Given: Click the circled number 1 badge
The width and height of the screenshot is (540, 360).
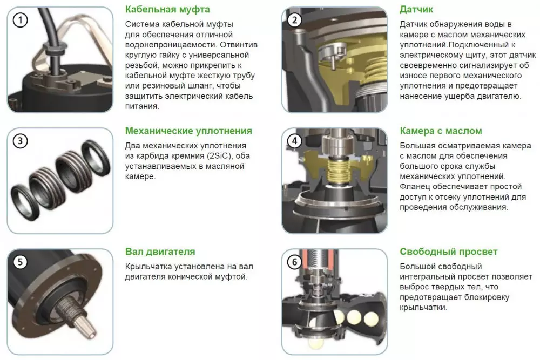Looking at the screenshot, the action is pos(20,21).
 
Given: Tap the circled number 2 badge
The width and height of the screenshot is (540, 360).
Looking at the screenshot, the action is pos(294,21).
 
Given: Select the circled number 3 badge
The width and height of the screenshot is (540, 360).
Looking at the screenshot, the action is pos(20,141).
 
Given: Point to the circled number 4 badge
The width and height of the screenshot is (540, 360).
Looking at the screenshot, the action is pos(294,141).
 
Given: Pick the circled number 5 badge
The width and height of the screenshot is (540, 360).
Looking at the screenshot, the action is pos(20,262).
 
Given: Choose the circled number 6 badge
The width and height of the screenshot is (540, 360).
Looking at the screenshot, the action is pos(294,262).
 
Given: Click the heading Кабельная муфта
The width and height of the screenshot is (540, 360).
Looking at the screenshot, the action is pos(167,9).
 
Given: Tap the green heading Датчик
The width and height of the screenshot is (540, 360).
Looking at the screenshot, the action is pos(416,9).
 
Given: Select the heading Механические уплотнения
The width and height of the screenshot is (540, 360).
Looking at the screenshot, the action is pos(188,131).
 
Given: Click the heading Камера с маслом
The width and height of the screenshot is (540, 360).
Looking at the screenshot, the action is pos(441,131).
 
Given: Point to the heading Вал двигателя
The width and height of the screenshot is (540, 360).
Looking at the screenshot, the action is pos(160,252).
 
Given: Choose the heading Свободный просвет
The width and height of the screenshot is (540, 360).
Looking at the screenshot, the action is pos(448,252).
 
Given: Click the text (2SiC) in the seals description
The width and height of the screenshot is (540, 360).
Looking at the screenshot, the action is pos(220,156).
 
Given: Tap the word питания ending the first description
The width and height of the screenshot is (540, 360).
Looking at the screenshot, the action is pos(142,106).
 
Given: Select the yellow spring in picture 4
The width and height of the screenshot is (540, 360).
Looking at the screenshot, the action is pos(335,171).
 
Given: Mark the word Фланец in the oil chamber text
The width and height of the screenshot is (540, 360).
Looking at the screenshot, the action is pos(415,187).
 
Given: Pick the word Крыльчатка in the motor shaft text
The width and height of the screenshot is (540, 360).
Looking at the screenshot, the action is pos(148,267).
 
